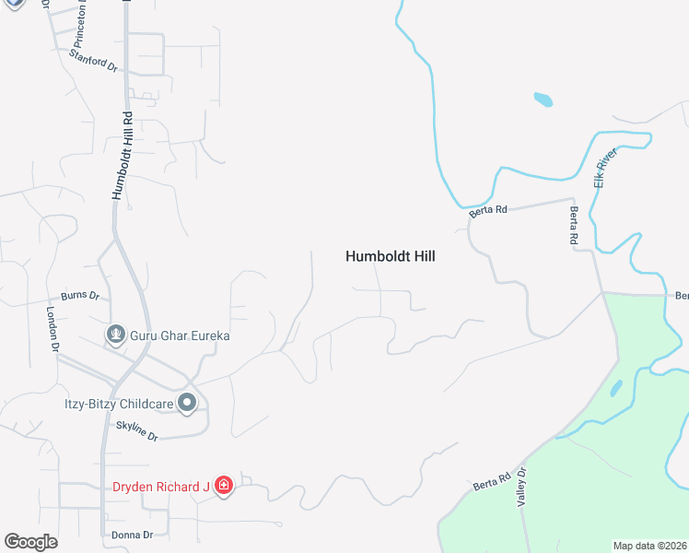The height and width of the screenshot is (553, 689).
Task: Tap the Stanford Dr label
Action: [94, 60]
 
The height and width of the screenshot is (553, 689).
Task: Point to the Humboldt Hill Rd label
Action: [123, 155]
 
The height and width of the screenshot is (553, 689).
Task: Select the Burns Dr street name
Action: [79, 295]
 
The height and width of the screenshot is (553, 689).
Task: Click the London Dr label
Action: [53, 330]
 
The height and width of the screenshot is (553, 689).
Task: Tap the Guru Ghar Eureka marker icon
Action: [116, 334]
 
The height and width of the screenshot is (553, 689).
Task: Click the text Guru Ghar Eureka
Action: [180, 336]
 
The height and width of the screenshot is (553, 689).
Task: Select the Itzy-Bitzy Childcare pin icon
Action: [187, 402]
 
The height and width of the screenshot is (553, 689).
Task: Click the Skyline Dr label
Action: [137, 429]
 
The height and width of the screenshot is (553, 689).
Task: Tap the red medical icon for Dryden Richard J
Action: [223, 486]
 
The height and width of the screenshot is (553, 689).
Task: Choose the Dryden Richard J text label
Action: [161, 487]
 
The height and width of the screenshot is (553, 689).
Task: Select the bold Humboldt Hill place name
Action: [390, 257]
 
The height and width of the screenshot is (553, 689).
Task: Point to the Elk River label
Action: [605, 169]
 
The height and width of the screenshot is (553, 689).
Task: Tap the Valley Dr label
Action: [521, 487]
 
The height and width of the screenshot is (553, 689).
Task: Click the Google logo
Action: [30, 542]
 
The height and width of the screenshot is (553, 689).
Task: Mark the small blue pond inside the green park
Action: [616, 388]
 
